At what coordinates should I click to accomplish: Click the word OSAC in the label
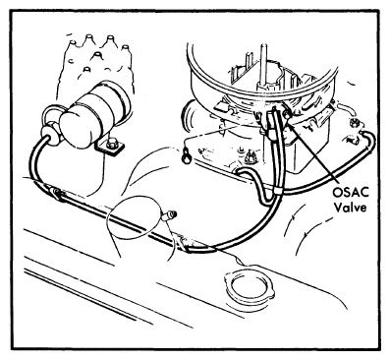coord(351,193)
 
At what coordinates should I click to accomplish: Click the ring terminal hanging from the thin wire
coord(187,155)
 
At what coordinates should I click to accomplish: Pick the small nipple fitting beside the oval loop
coord(169,214)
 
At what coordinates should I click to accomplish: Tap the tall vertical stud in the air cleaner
coord(263,66)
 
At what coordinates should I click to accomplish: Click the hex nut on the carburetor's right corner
coord(354,124)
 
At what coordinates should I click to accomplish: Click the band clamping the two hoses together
coord(277,191)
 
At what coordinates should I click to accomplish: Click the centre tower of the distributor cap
coord(96,55)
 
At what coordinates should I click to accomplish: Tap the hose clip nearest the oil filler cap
coord(184,243)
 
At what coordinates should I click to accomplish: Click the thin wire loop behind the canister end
coord(49,113)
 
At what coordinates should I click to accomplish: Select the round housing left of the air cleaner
coord(188,114)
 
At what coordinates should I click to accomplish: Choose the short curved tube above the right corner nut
coord(345,109)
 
